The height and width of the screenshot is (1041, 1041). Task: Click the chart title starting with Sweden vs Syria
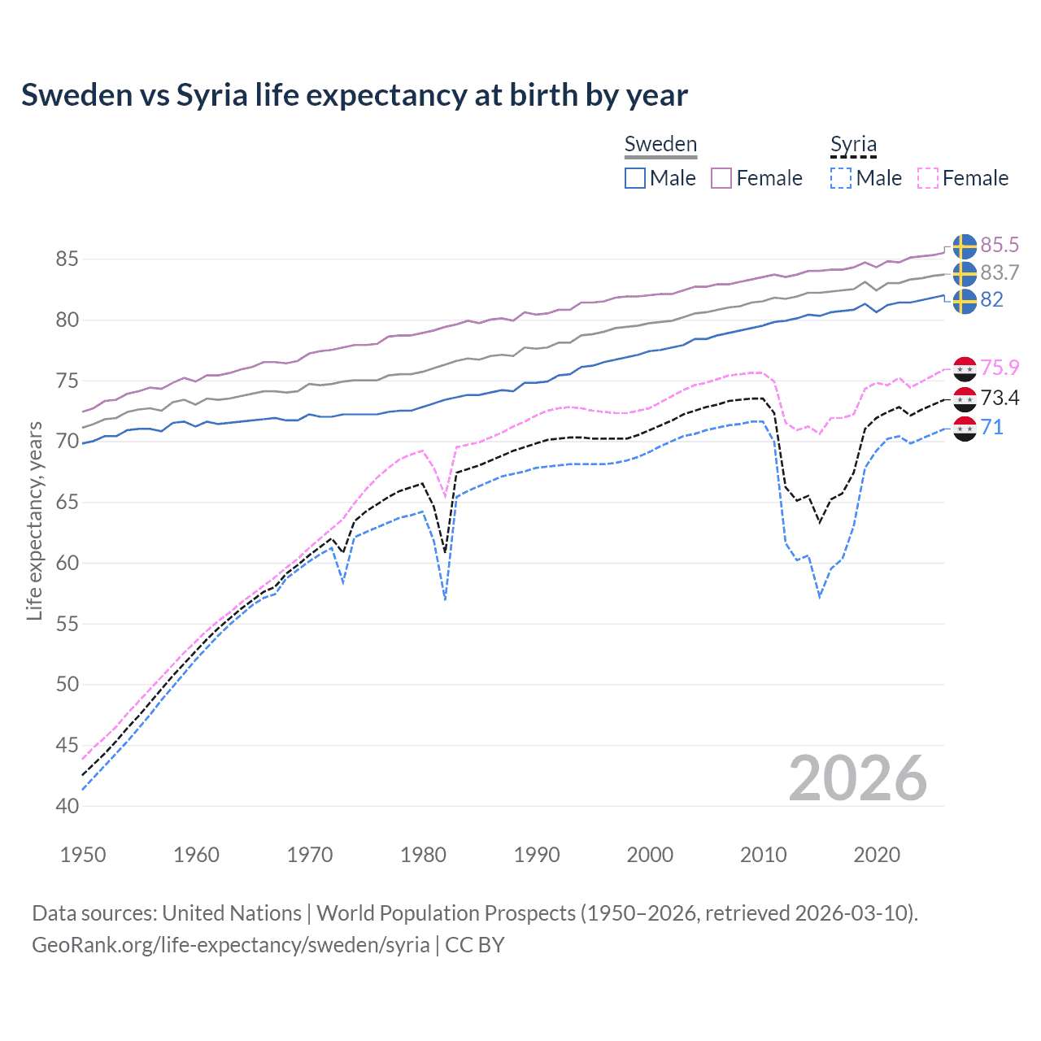tap(355, 95)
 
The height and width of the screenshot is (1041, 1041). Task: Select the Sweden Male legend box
tap(635, 178)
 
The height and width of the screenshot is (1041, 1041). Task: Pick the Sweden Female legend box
tap(721, 178)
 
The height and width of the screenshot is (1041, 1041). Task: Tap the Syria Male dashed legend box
tap(841, 178)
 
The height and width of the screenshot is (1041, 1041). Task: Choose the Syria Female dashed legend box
tap(928, 178)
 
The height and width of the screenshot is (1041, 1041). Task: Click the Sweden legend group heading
tap(660, 145)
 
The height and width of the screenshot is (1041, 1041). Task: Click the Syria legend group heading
tap(853, 145)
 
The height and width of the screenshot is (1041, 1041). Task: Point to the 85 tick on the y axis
tap(67, 259)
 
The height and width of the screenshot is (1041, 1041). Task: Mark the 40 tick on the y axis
tap(67, 806)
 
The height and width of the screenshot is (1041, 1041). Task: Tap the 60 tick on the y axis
tap(67, 563)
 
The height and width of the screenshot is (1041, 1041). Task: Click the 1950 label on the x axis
tap(83, 855)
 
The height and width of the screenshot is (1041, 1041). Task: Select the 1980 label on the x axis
tap(423, 855)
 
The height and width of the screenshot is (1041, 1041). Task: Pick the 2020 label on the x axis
tap(877, 855)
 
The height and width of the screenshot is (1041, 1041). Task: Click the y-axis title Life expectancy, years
tap(35, 520)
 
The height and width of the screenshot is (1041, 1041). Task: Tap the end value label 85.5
tap(1000, 246)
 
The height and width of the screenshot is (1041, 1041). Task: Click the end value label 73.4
tap(1000, 398)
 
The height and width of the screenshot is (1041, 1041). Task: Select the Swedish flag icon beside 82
tap(965, 301)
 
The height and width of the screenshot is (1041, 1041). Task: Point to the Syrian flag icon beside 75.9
tap(965, 368)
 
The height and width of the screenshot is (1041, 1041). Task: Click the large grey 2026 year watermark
tap(857, 778)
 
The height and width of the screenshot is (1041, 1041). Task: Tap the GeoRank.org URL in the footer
tap(230, 945)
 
